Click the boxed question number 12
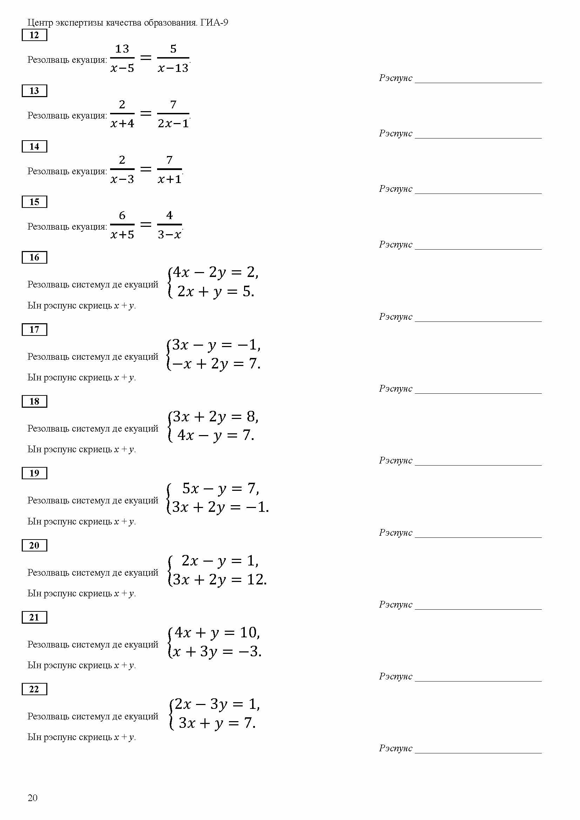click(34, 35)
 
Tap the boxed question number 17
click(34, 329)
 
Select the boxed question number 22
click(34, 689)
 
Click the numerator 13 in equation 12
click(122, 49)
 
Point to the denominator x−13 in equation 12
click(173, 68)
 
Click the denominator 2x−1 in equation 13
click(173, 123)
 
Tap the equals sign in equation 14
click(146, 169)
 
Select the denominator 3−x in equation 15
click(169, 235)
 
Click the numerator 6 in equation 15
click(122, 215)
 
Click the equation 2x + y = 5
click(216, 291)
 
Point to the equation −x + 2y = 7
click(216, 364)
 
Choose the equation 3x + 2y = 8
click(216, 416)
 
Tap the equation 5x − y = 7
click(220, 488)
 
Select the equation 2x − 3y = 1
click(217, 704)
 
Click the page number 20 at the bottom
click(33, 798)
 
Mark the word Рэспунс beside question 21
click(395, 676)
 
